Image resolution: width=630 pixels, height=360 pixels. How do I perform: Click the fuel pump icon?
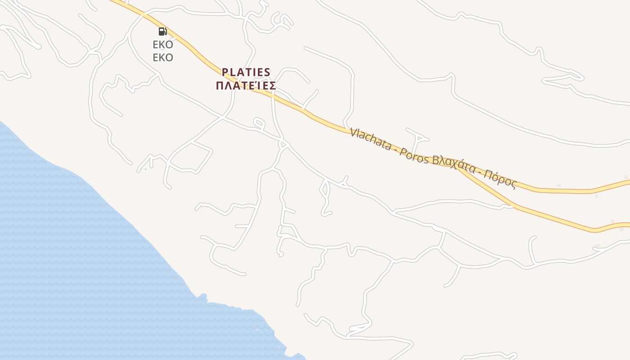162,31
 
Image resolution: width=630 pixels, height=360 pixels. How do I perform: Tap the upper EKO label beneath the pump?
163,45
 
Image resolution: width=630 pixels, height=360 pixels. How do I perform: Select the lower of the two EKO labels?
163,58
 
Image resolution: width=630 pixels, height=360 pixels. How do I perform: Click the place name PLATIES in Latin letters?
246,72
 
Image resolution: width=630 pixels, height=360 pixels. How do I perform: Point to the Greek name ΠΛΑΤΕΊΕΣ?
246,85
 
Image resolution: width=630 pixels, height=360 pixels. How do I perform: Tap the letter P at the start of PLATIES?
225,72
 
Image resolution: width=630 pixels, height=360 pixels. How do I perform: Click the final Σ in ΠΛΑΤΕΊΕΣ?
272,85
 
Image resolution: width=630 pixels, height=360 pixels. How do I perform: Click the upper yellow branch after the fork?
562,190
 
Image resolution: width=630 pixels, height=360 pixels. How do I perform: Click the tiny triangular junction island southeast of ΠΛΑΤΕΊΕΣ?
283,144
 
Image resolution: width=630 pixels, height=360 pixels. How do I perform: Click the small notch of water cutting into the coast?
203,297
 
